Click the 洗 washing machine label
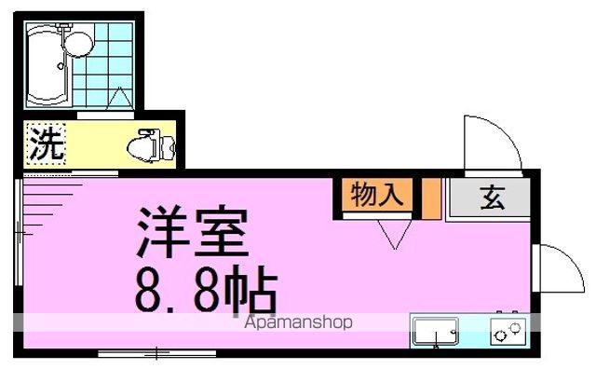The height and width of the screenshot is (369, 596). pyautogui.click(x=45, y=144)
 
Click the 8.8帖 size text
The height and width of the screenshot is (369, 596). pyautogui.click(x=205, y=290)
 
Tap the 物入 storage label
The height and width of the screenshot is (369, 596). pyautogui.click(x=376, y=197)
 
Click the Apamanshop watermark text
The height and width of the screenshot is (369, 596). pyautogui.click(x=298, y=323)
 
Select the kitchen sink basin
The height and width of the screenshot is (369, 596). pyautogui.click(x=435, y=332)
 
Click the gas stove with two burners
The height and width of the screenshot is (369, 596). pyautogui.click(x=508, y=331)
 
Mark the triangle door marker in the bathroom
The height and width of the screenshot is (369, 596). pyautogui.click(x=121, y=97)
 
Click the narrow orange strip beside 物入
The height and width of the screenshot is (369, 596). pyautogui.click(x=431, y=197)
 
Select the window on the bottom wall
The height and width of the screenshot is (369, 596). pyautogui.click(x=156, y=352)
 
